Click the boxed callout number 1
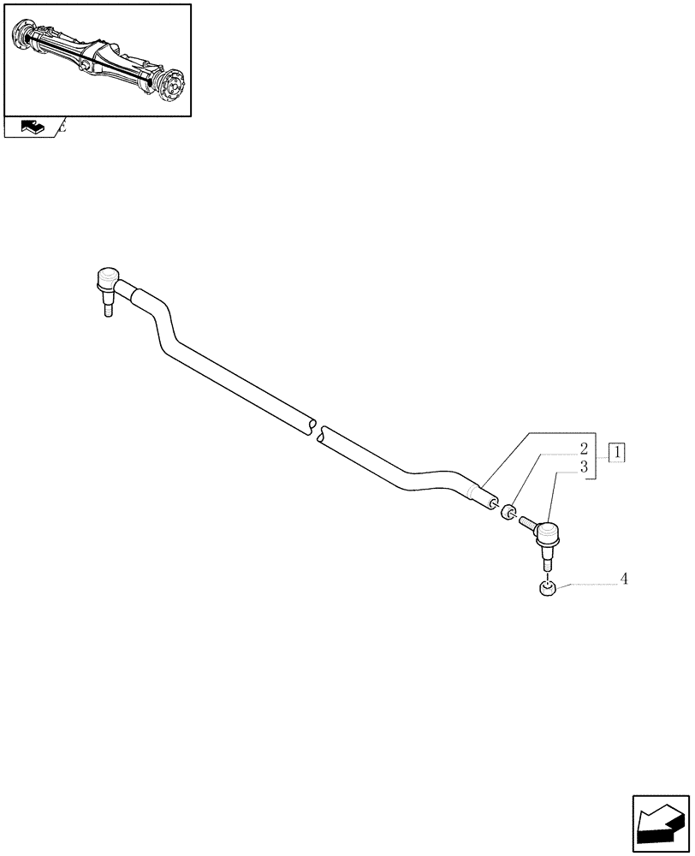coord(617,452)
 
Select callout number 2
coord(583,449)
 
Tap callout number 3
coord(583,467)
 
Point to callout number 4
coord(624,580)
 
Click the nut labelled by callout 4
coord(546,589)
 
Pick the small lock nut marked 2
coord(507,512)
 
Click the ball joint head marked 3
coord(547,537)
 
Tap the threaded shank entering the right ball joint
coord(526,522)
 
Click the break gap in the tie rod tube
coord(316,429)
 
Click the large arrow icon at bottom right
coord(661,824)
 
